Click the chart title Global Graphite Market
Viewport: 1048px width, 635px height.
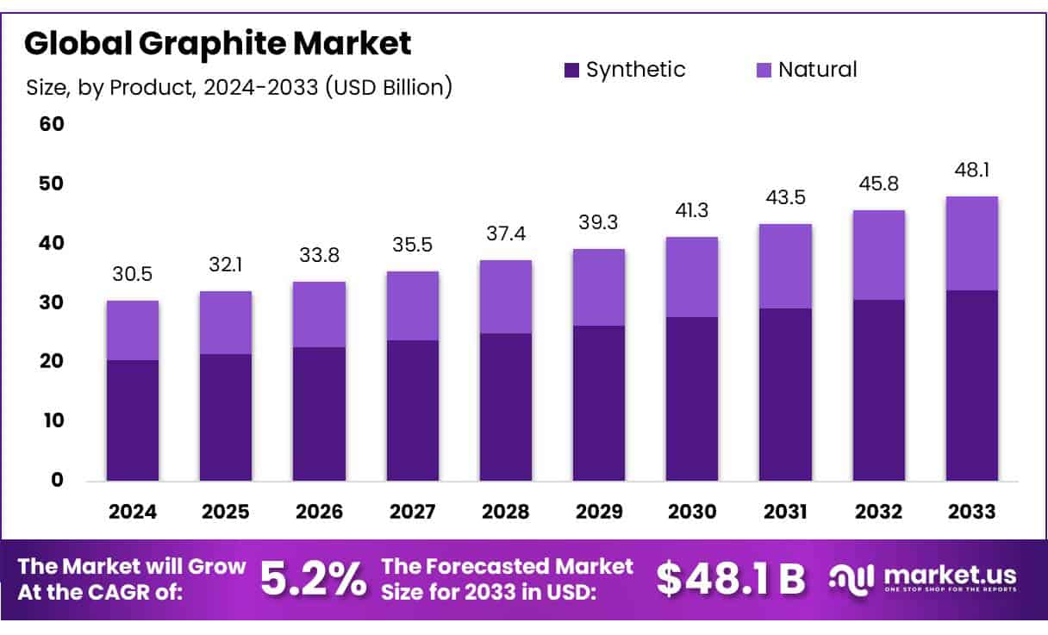[x=217, y=43]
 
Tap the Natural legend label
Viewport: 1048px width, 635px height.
[x=817, y=70]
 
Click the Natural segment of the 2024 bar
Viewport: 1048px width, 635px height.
[x=133, y=330]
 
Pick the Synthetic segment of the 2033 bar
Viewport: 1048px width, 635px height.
[x=972, y=385]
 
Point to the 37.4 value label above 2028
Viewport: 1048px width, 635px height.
[x=506, y=234]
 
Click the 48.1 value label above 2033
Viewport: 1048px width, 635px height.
[x=972, y=171]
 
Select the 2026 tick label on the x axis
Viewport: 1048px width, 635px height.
[x=319, y=512]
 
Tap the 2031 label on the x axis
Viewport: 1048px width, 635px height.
[x=786, y=512]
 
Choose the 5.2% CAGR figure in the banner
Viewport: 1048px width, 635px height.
[x=312, y=580]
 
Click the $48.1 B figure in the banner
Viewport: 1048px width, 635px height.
[x=730, y=580]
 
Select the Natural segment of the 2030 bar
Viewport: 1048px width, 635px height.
[x=693, y=277]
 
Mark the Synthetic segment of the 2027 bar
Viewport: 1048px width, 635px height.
[x=413, y=410]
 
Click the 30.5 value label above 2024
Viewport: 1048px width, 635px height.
[x=133, y=274]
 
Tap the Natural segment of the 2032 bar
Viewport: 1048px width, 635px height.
[x=879, y=255]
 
